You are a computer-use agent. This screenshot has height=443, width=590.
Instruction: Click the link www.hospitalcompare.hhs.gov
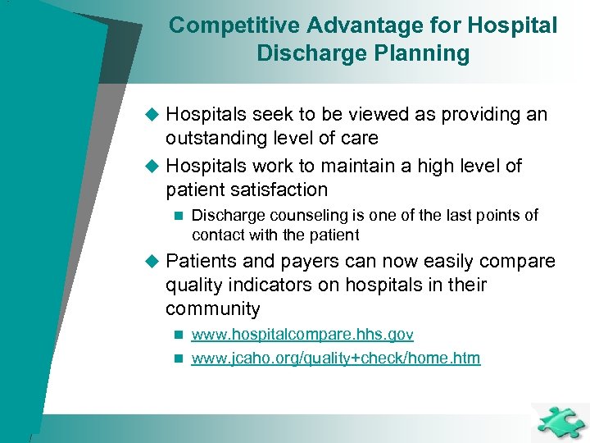point(302,335)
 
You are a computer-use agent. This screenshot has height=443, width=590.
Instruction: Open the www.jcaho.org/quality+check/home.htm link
point(335,359)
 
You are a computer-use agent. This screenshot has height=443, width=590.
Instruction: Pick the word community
point(212,309)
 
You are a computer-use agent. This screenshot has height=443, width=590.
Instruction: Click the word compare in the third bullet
point(520,262)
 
